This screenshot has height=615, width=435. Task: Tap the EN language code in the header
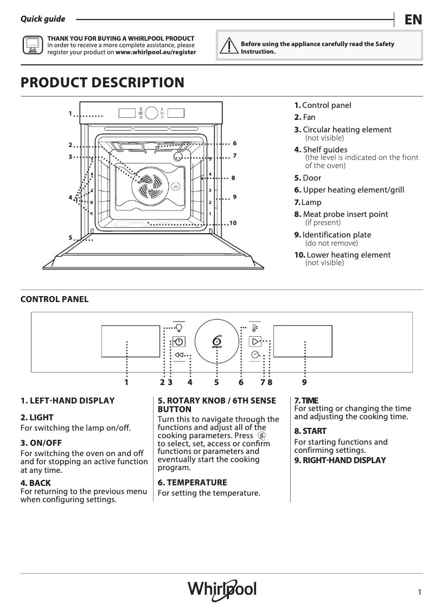(x=413, y=20)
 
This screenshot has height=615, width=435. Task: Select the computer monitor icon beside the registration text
(x=33, y=45)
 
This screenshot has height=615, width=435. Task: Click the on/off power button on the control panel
(x=179, y=342)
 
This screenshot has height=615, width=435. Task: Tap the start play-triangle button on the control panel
(x=255, y=341)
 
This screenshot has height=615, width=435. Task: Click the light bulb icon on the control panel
(x=179, y=328)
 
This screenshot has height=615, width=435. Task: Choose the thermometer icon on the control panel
(x=255, y=328)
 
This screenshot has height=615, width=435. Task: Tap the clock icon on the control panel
(x=255, y=355)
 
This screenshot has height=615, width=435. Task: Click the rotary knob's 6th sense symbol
(x=217, y=341)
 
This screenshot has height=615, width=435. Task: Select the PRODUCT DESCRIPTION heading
(x=102, y=83)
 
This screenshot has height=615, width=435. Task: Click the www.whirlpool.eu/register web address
(x=156, y=53)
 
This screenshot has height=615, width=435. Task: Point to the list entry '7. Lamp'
(x=308, y=202)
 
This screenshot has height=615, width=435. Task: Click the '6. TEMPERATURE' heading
(x=192, y=482)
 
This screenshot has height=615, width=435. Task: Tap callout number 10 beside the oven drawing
(x=233, y=223)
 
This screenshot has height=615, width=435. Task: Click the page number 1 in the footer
(x=420, y=593)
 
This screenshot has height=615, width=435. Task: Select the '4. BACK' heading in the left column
(x=36, y=483)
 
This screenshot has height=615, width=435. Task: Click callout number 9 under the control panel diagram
(x=304, y=382)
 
